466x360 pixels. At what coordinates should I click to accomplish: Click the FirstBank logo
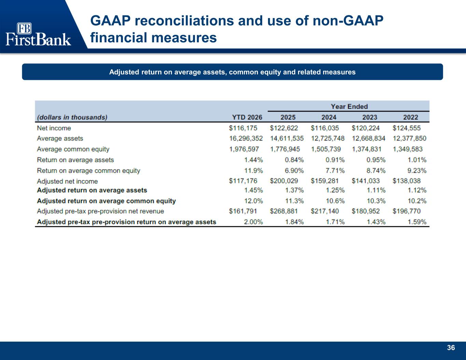point(38,34)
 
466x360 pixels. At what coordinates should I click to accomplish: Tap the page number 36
point(451,348)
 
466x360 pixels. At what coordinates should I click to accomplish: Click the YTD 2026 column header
point(247,117)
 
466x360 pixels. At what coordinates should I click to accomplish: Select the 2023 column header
point(370,117)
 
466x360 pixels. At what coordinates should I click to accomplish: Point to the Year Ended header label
point(349,106)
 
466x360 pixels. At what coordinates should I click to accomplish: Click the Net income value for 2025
point(284,128)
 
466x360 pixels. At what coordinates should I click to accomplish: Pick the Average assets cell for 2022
point(409,138)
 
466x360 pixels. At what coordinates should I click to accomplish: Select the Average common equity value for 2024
point(326,149)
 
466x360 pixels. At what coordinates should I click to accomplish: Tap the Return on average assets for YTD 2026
point(253,160)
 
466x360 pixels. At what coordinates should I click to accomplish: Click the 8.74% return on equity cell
point(376,171)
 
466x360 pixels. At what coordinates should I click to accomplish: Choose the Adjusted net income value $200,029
point(284,181)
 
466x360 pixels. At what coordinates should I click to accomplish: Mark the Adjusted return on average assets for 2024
point(335,190)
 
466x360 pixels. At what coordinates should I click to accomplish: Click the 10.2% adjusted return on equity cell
point(417,201)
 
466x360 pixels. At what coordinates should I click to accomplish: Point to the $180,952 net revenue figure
point(366,211)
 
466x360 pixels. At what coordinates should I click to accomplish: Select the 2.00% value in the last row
point(253,222)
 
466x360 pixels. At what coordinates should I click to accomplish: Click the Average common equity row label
point(73,149)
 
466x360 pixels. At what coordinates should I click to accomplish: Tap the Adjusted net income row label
point(67,181)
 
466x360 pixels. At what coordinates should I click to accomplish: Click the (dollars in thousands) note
point(72,117)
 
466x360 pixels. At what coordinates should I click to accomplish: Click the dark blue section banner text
point(232,72)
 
